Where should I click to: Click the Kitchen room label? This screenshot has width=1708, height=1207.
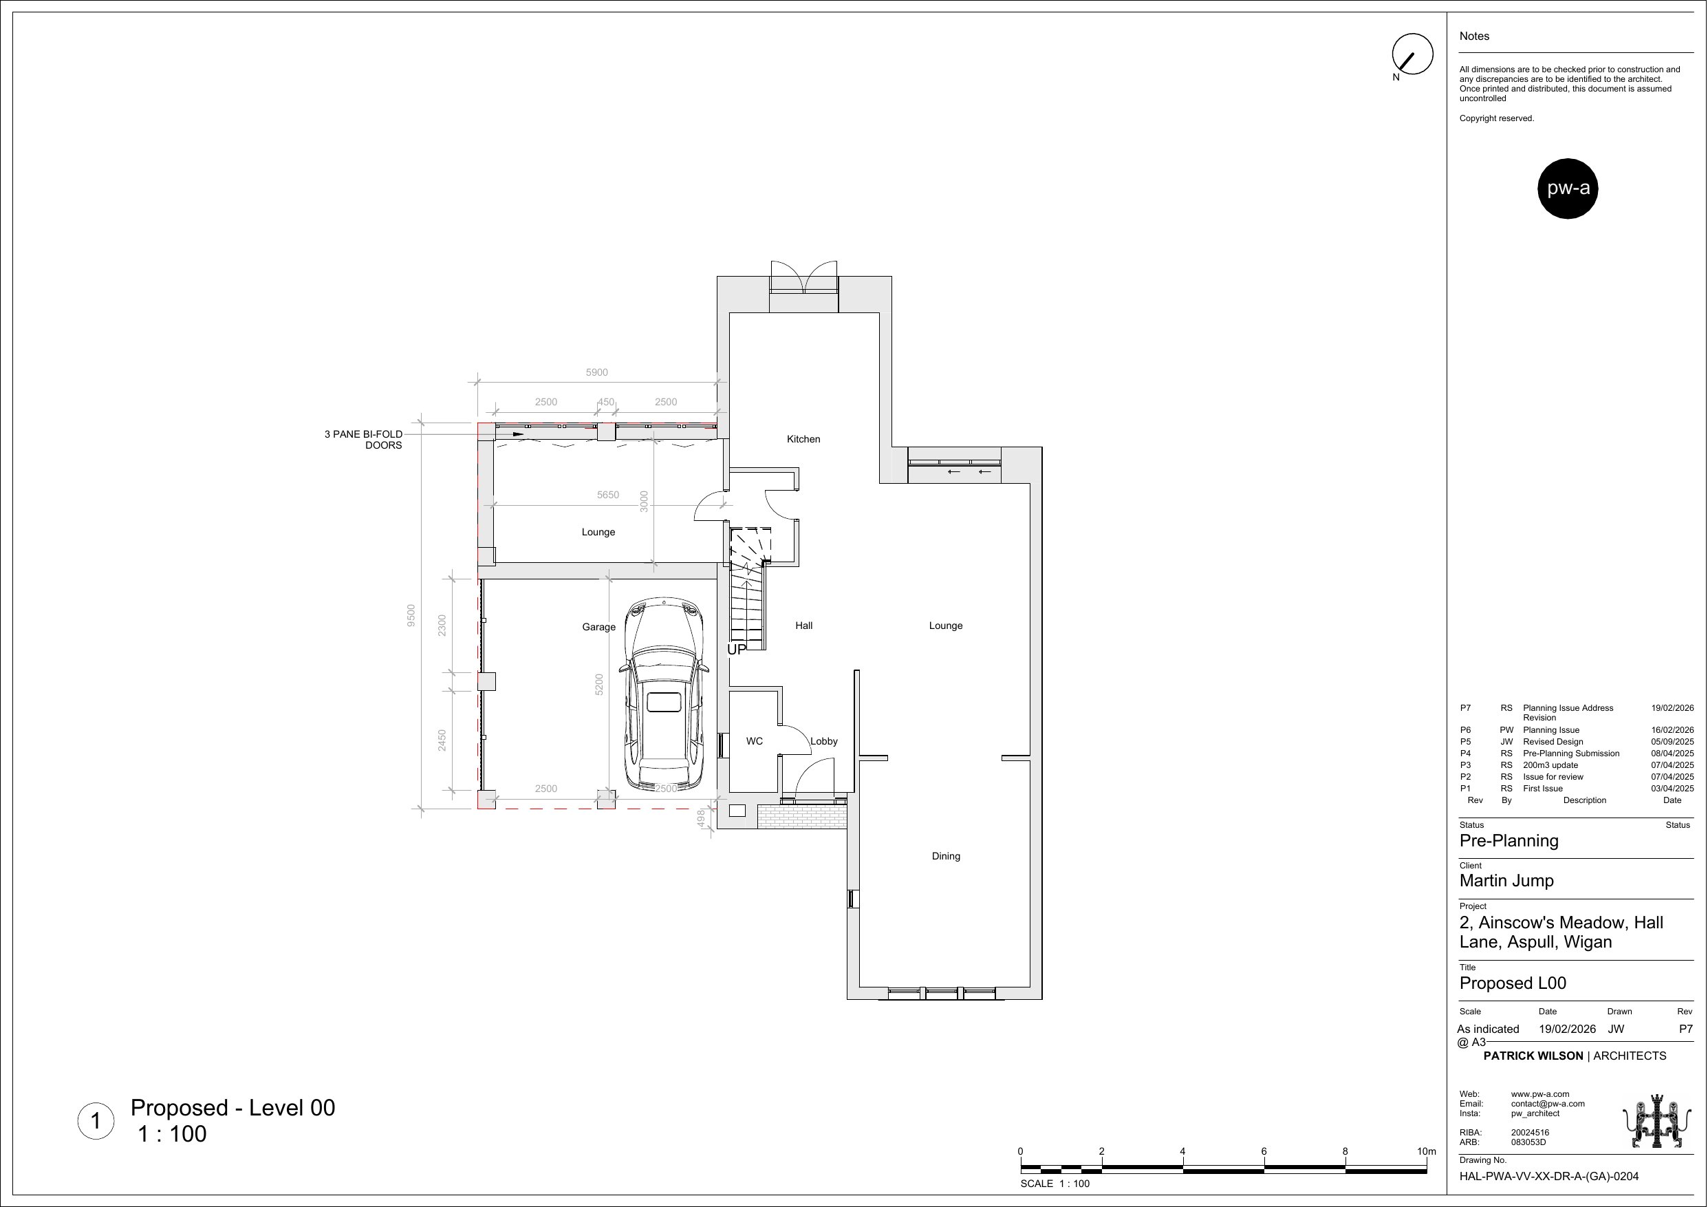(x=803, y=439)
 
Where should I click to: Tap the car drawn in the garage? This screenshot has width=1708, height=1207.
(x=664, y=694)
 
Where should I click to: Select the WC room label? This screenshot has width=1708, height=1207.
(x=755, y=741)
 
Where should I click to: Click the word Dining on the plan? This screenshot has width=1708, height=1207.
(x=947, y=857)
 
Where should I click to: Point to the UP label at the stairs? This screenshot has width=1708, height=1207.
(x=737, y=650)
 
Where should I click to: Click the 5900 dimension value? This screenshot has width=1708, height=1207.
(x=596, y=372)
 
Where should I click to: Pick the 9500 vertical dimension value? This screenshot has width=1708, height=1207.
(x=411, y=615)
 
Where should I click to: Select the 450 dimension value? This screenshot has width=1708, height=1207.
(x=606, y=402)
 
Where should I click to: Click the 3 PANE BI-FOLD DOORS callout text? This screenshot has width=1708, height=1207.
(x=363, y=440)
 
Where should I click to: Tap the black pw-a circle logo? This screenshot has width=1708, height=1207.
(x=1568, y=189)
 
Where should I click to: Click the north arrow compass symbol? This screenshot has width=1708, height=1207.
(x=1412, y=54)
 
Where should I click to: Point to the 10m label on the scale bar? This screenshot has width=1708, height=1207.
(x=1426, y=1151)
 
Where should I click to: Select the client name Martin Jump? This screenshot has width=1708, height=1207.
(x=1506, y=881)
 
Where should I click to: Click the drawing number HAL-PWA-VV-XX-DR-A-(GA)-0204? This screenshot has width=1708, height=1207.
(x=1549, y=1177)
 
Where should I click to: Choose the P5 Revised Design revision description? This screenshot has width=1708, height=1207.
(x=1553, y=742)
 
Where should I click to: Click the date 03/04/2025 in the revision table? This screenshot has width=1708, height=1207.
(x=1672, y=789)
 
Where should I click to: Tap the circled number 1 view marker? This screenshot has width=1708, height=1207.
(x=96, y=1121)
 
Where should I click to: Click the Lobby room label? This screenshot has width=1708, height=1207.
(x=823, y=741)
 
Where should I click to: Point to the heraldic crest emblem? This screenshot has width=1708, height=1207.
(x=1656, y=1121)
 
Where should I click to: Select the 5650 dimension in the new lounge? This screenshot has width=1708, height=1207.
(x=608, y=495)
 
